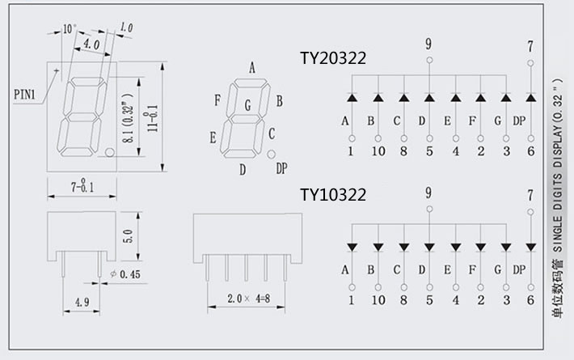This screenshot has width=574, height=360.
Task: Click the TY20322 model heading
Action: coord(333,58)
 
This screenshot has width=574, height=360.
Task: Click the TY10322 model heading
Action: coord(333,195)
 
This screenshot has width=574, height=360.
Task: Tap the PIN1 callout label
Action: coord(24,95)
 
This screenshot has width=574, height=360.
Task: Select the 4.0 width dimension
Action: coord(91,44)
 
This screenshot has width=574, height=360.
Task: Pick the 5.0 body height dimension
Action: coord(126,237)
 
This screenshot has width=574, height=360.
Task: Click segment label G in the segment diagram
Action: coord(247,104)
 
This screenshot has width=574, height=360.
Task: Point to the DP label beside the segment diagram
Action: coord(281,168)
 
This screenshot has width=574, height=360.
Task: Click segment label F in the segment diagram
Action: coord(217,100)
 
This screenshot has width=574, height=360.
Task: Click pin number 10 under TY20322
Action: coord(377,150)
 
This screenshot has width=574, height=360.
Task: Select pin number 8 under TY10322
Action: coord(403,299)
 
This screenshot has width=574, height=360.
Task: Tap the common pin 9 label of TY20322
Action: coord(428,42)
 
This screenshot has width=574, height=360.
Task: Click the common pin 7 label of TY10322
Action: coord(530,194)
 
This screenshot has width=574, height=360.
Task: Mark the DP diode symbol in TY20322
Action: coord(530,98)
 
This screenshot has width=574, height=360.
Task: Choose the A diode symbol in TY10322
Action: coord(352,246)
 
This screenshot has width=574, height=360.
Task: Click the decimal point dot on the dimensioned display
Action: coord(108,152)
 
